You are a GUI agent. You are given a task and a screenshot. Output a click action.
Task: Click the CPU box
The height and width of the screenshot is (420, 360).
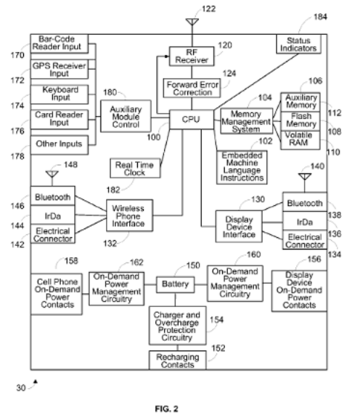click(x=192, y=120)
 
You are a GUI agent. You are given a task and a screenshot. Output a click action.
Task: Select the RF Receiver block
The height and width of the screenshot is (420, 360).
click(x=192, y=57)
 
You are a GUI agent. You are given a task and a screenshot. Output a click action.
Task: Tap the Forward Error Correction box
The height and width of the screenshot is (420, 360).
click(x=192, y=88)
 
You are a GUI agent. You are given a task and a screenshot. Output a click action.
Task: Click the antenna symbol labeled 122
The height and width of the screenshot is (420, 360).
click(x=192, y=22)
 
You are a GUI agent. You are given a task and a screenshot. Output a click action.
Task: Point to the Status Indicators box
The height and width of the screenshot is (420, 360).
click(x=298, y=44)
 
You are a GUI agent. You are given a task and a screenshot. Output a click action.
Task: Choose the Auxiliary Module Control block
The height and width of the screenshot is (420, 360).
click(x=126, y=116)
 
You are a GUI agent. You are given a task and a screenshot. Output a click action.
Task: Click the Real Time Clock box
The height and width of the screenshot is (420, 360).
click(x=135, y=168)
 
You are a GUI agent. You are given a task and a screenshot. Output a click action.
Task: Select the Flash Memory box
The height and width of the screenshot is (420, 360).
click(x=300, y=121)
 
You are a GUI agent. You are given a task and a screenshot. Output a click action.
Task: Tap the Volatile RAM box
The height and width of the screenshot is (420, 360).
click(x=300, y=140)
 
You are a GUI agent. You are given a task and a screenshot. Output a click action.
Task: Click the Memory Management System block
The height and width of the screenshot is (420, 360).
click(x=246, y=121)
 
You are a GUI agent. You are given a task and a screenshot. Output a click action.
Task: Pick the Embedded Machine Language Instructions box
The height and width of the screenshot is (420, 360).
click(x=242, y=168)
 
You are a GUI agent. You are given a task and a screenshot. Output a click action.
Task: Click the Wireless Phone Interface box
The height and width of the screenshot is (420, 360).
click(x=129, y=215)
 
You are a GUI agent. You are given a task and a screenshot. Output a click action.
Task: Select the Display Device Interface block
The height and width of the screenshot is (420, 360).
click(x=239, y=226)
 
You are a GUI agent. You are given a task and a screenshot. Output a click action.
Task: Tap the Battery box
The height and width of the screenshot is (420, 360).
click(x=176, y=284)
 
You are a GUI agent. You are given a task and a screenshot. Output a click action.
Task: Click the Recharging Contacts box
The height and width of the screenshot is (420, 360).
click(x=177, y=361)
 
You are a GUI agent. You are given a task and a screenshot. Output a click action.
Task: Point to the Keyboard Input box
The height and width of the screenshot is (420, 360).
click(x=60, y=94)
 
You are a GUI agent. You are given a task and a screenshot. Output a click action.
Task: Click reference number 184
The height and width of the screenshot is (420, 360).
click(x=320, y=17)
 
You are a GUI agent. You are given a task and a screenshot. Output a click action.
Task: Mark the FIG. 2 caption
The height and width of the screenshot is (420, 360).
click(x=166, y=409)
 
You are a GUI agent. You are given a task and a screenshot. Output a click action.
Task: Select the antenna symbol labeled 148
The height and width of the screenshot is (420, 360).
click(x=52, y=174)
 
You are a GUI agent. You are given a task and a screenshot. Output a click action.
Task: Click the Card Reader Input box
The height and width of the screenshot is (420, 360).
click(x=60, y=120)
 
